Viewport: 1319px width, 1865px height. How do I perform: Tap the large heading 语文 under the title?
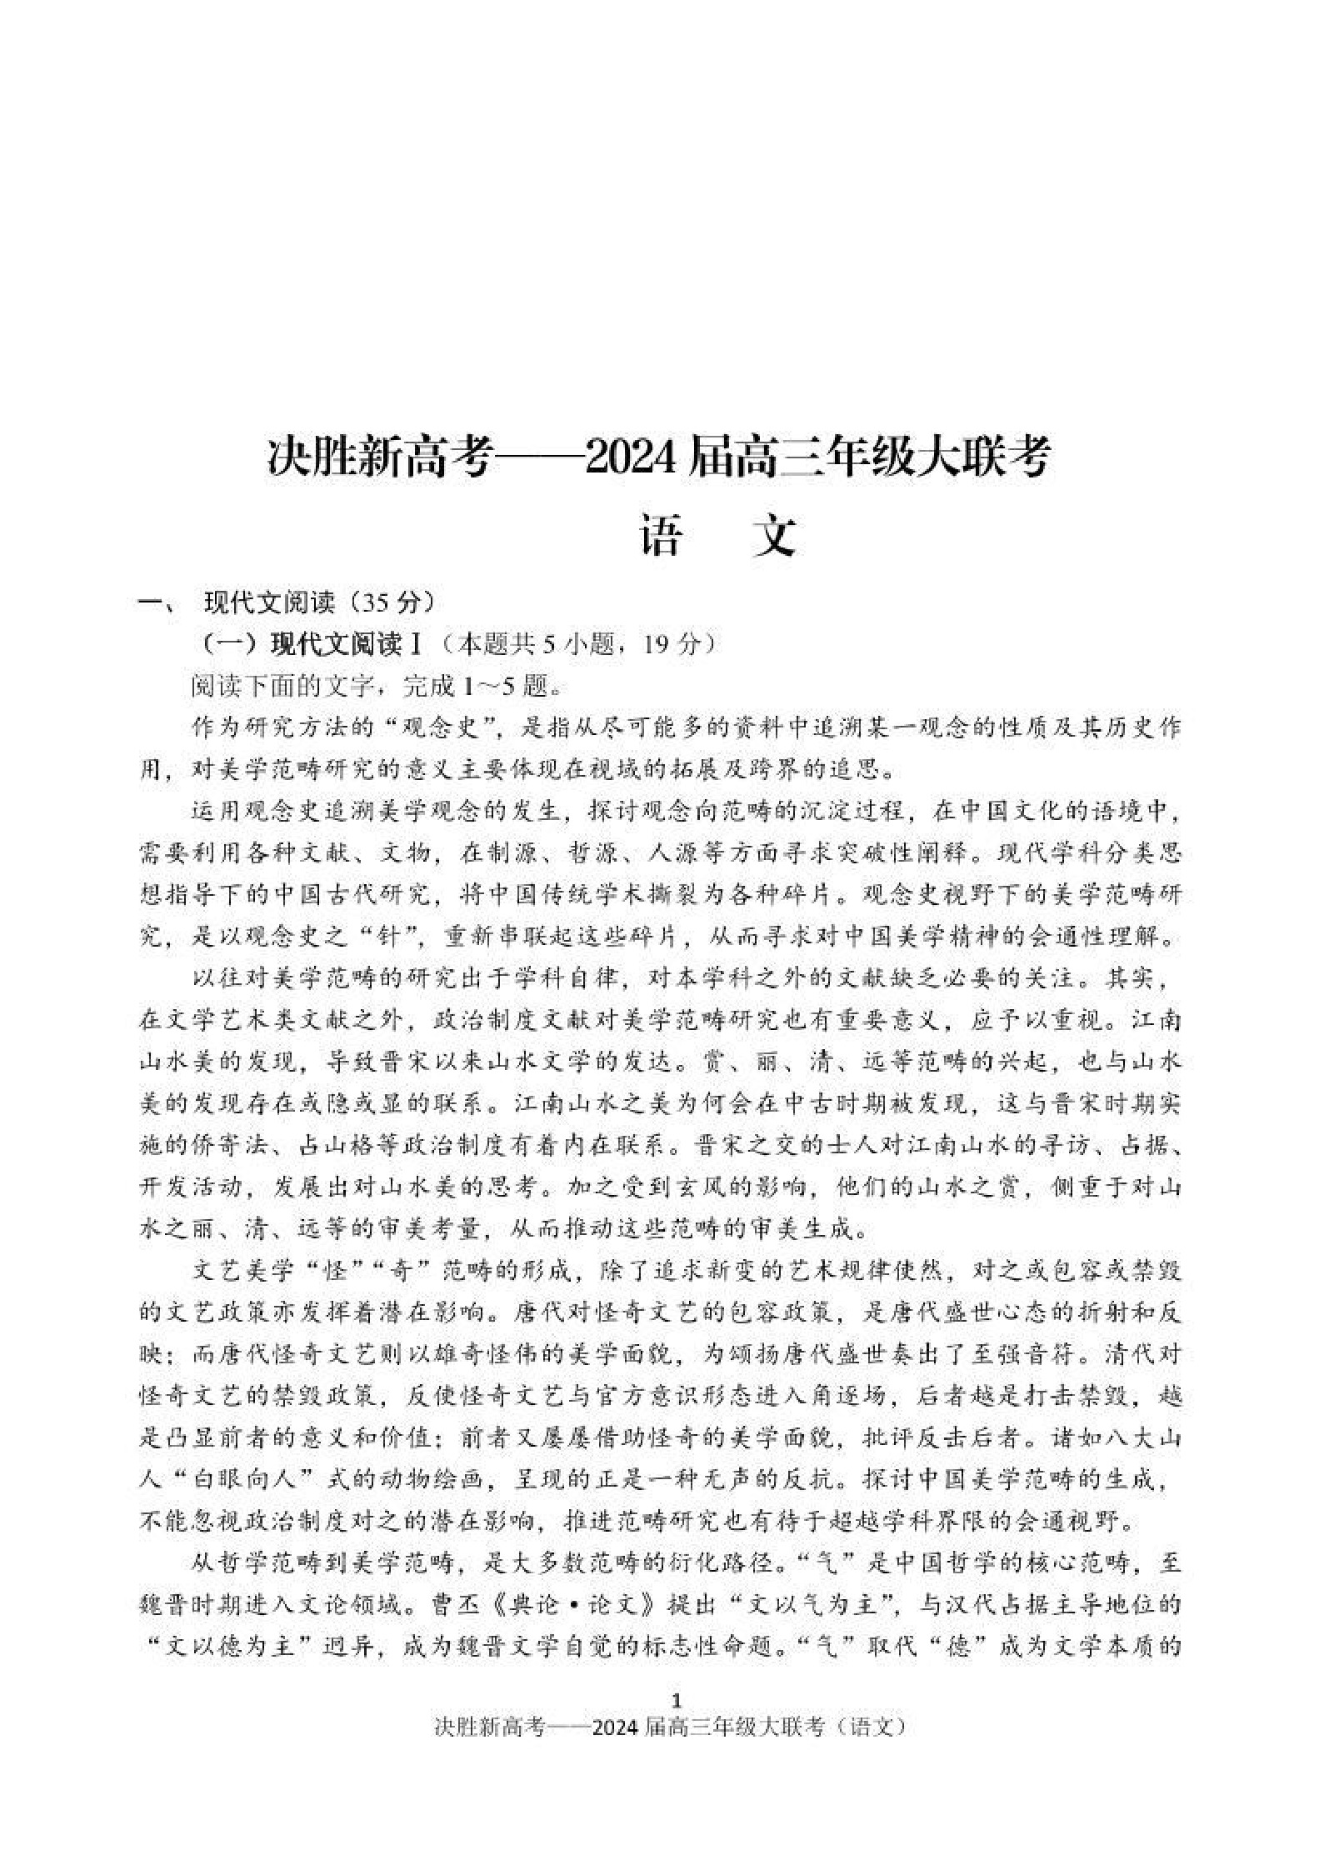[717, 536]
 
